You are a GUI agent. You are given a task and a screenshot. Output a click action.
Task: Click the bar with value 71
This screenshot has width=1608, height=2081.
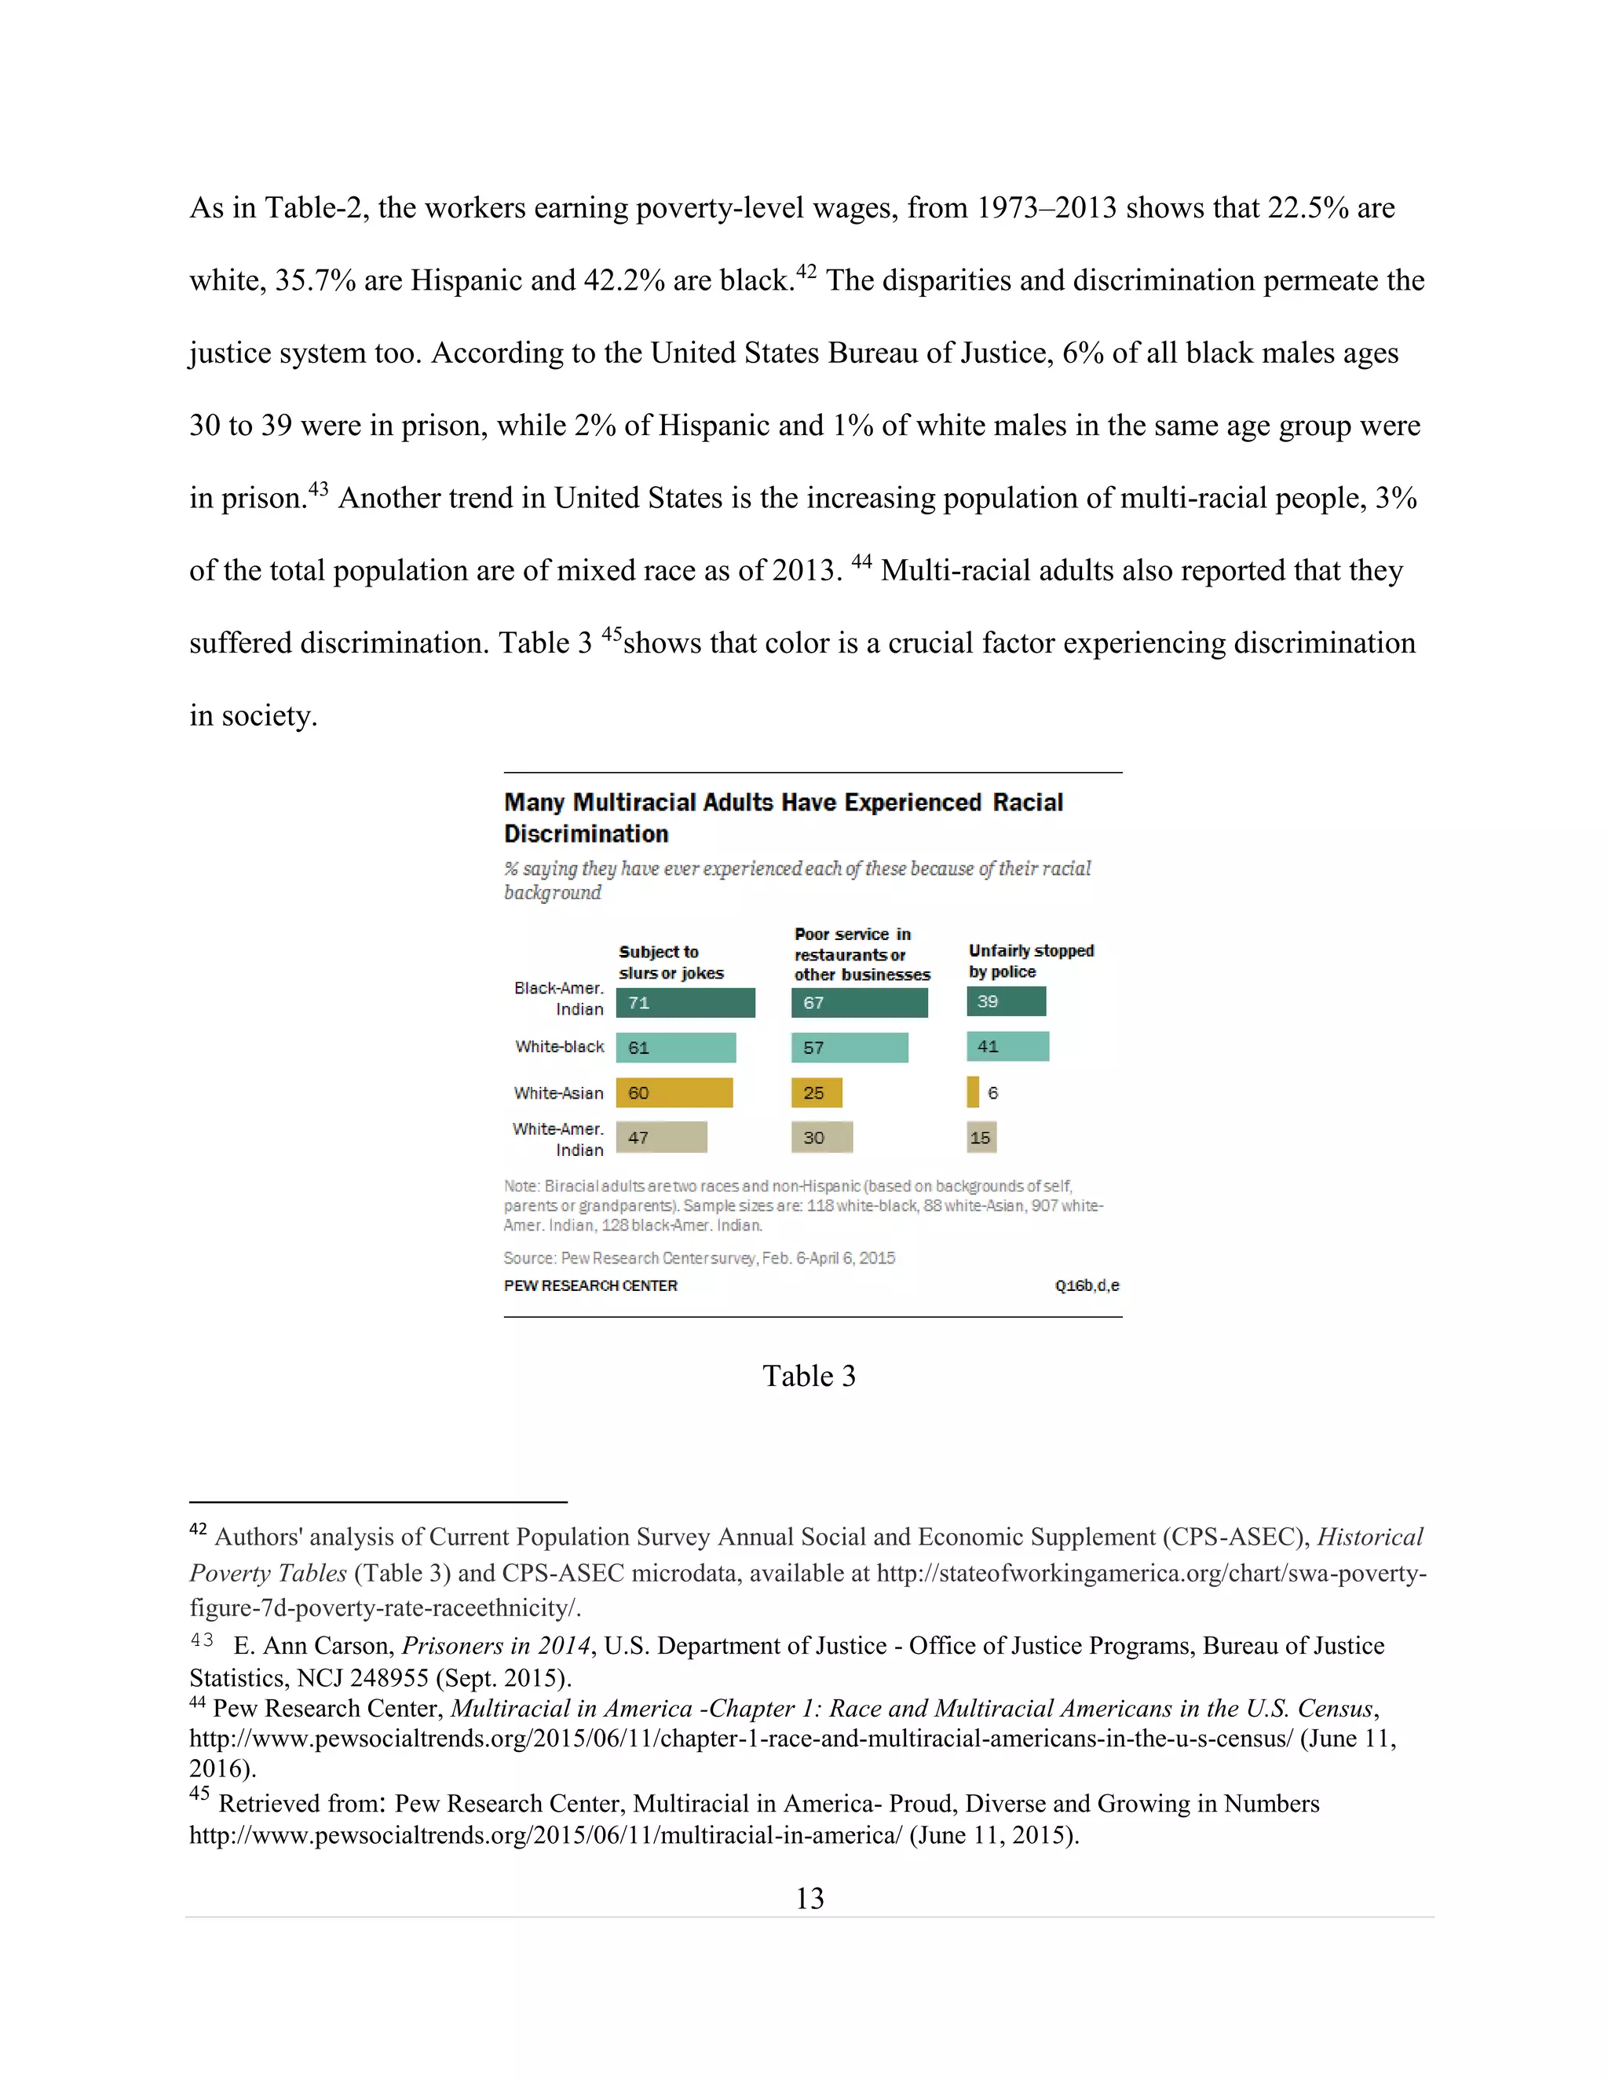685,1002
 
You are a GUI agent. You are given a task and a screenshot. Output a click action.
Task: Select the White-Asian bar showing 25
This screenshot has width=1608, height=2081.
817,1092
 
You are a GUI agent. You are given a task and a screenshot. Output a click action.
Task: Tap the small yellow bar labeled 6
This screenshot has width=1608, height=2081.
973,1092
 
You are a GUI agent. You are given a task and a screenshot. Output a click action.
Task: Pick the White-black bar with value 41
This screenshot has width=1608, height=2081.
1007,1046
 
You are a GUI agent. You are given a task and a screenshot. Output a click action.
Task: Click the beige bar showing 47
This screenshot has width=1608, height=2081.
661,1137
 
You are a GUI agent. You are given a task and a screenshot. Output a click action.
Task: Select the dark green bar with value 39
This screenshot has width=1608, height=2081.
1006,1001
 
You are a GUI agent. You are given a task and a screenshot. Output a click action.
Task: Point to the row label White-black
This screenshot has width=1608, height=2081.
559,1046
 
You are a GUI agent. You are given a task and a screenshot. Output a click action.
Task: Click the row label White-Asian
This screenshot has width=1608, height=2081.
558,1093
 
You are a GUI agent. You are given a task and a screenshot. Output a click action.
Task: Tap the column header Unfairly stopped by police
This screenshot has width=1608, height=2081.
1030,960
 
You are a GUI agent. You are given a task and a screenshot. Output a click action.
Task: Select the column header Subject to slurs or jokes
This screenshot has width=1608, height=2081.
671,963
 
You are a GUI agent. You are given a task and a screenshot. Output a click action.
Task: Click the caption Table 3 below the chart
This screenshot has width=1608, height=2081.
809,1376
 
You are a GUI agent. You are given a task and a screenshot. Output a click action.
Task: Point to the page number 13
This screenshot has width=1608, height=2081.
809,1899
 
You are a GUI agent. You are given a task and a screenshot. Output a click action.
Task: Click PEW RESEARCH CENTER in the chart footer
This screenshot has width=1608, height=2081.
590,1286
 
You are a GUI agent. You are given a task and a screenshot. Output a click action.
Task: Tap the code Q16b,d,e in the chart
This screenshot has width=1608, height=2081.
1086,1286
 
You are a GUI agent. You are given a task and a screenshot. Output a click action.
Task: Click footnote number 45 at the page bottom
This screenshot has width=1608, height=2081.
199,1794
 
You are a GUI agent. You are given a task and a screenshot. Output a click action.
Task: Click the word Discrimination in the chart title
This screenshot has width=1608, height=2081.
586,834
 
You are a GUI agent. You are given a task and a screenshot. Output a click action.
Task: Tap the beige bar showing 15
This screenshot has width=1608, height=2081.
981,1137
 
